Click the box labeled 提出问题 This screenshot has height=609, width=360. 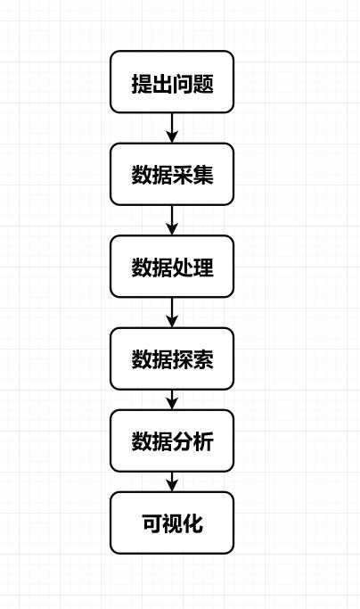[x=172, y=82]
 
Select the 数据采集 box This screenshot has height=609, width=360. [x=172, y=174]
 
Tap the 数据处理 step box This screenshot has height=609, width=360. [x=172, y=267]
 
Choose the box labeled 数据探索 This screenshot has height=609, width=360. [x=172, y=358]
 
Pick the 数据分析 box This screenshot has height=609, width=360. [x=172, y=440]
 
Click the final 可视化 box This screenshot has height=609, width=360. [x=172, y=523]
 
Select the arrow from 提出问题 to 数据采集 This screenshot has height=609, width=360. [x=172, y=128]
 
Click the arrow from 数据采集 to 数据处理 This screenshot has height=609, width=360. [x=172, y=220]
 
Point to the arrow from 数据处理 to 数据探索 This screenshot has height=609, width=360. [x=172, y=312]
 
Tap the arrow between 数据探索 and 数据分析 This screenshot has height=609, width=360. [x=172, y=399]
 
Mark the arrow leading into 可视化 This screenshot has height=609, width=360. [x=172, y=481]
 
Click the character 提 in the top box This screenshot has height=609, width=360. [x=142, y=84]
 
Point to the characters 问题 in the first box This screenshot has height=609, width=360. [x=192, y=84]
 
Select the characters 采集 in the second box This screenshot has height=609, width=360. [x=192, y=175]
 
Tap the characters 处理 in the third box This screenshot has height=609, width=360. [x=192, y=267]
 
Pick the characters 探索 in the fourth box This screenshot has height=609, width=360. [x=192, y=359]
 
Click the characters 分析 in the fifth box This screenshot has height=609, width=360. [x=192, y=441]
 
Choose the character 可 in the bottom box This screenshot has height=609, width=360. [x=151, y=523]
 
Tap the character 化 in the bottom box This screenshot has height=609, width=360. [x=192, y=523]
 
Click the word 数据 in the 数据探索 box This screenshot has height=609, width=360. [x=151, y=359]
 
